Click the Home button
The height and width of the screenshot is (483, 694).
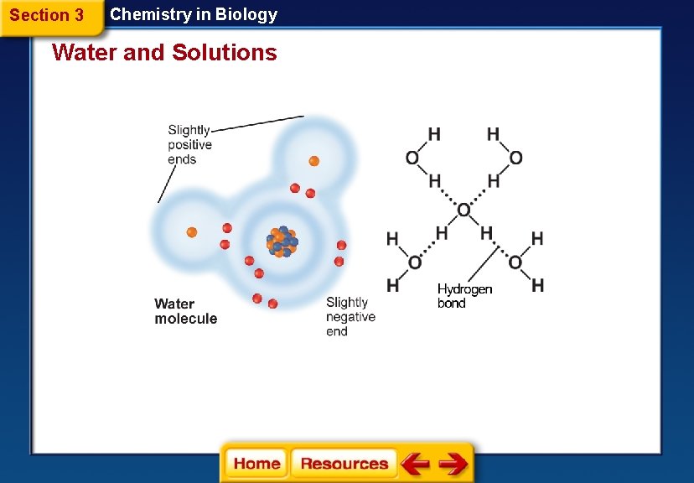pos(256,464)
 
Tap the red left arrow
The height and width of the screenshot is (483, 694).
pos(415,464)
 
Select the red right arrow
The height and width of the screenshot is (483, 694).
pos(453,464)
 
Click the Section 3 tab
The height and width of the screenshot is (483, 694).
pos(47,15)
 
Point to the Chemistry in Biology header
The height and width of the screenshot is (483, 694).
pos(194,14)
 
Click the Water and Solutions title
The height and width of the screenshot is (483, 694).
pos(164,53)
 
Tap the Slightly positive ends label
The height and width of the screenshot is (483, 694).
pos(189,145)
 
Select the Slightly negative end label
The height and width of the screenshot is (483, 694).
pos(350,317)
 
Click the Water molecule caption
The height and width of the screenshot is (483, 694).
pos(186,311)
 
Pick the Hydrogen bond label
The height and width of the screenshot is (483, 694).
pos(464,296)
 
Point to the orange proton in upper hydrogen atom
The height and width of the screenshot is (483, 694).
pos(313,160)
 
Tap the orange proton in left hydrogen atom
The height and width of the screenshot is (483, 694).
pos(191,231)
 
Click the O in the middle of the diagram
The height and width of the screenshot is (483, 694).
pos(464,210)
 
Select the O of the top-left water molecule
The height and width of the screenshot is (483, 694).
pos(412,158)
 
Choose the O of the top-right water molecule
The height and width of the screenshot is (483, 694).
pos(515,158)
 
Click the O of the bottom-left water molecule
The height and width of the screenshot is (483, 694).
pos(414,262)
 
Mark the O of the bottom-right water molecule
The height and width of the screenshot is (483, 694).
pos(515,262)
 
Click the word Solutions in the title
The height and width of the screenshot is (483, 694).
pos(225,53)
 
